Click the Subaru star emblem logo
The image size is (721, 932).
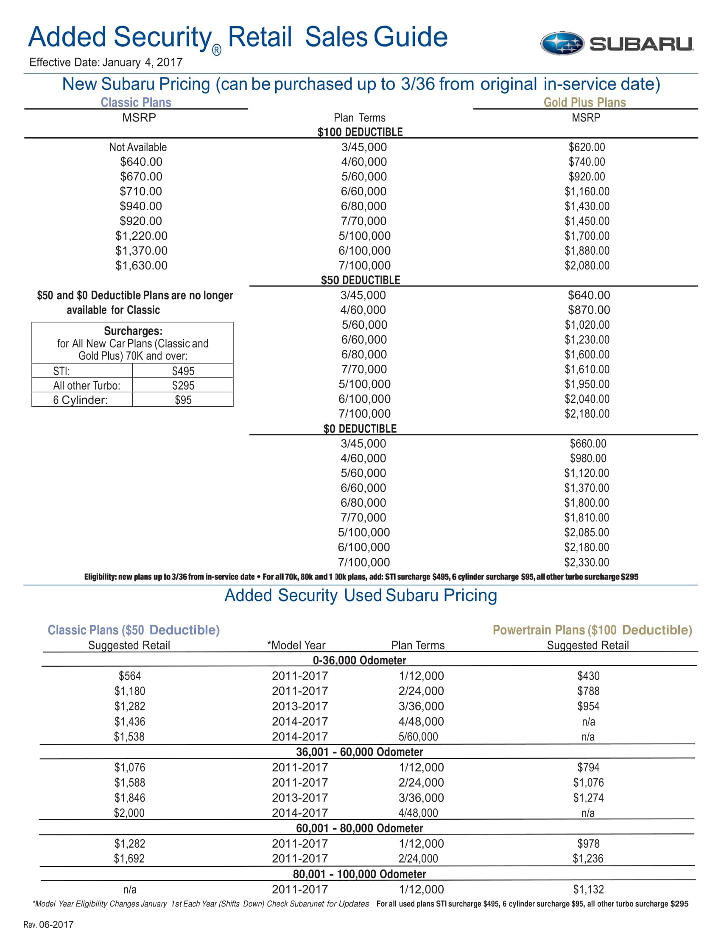[562, 43]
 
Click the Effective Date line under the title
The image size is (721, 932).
[106, 62]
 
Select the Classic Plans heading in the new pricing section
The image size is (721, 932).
[136, 103]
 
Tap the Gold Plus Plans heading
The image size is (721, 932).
[584, 103]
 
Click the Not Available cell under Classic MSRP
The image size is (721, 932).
[138, 147]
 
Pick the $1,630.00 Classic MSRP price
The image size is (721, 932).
[141, 266]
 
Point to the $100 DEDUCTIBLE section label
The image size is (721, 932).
[360, 132]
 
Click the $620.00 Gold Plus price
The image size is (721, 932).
[587, 147]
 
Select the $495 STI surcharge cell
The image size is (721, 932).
[183, 371]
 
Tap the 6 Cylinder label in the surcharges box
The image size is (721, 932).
[80, 400]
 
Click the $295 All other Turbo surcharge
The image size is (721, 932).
[183, 386]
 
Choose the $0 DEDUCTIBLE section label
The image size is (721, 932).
[360, 428]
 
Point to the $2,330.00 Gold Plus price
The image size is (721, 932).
[587, 562]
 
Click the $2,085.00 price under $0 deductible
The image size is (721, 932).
[587, 532]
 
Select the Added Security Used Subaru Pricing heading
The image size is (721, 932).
[360, 595]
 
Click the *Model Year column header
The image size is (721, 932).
[296, 645]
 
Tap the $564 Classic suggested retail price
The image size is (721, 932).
[129, 676]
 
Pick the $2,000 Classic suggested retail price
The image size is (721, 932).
[129, 813]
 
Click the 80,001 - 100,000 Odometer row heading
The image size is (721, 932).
[359, 874]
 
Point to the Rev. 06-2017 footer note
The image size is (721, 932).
[48, 924]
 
